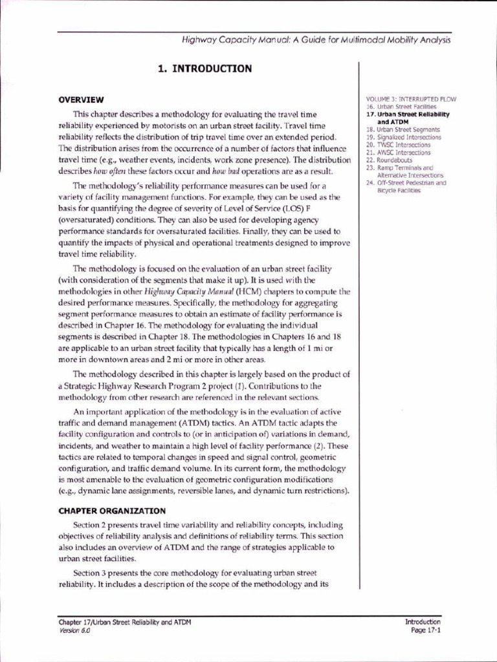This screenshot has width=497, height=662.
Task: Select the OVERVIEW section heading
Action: coord(81,100)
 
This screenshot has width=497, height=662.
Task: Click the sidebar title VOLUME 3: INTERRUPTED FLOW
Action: coord(411,99)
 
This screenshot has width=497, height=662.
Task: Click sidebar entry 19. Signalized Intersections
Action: coord(404,137)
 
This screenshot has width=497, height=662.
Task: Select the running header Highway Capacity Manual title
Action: coord(316,40)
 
